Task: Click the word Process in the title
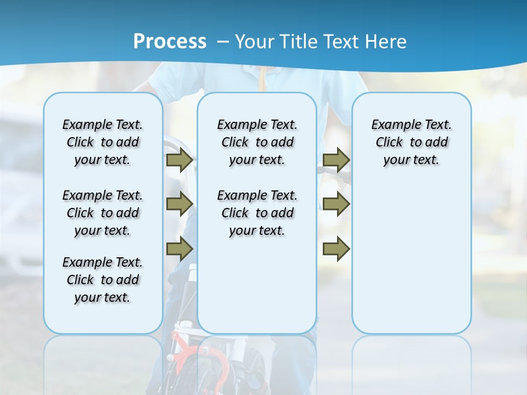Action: [x=170, y=42]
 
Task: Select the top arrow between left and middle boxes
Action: [x=180, y=160]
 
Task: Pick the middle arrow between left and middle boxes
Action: [x=180, y=204]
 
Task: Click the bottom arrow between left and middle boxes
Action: [x=180, y=249]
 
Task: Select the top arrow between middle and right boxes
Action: [x=336, y=160]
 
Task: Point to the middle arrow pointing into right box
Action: [x=336, y=204]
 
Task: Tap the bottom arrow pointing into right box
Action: [x=336, y=249]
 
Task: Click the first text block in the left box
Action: [x=103, y=142]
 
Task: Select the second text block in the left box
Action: [x=103, y=213]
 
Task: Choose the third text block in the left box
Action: [x=103, y=280]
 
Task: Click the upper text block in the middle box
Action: [x=257, y=142]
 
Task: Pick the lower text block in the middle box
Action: [x=257, y=213]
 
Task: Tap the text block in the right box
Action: [x=412, y=142]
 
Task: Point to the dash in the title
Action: [x=223, y=42]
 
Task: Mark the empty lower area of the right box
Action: [x=412, y=258]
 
